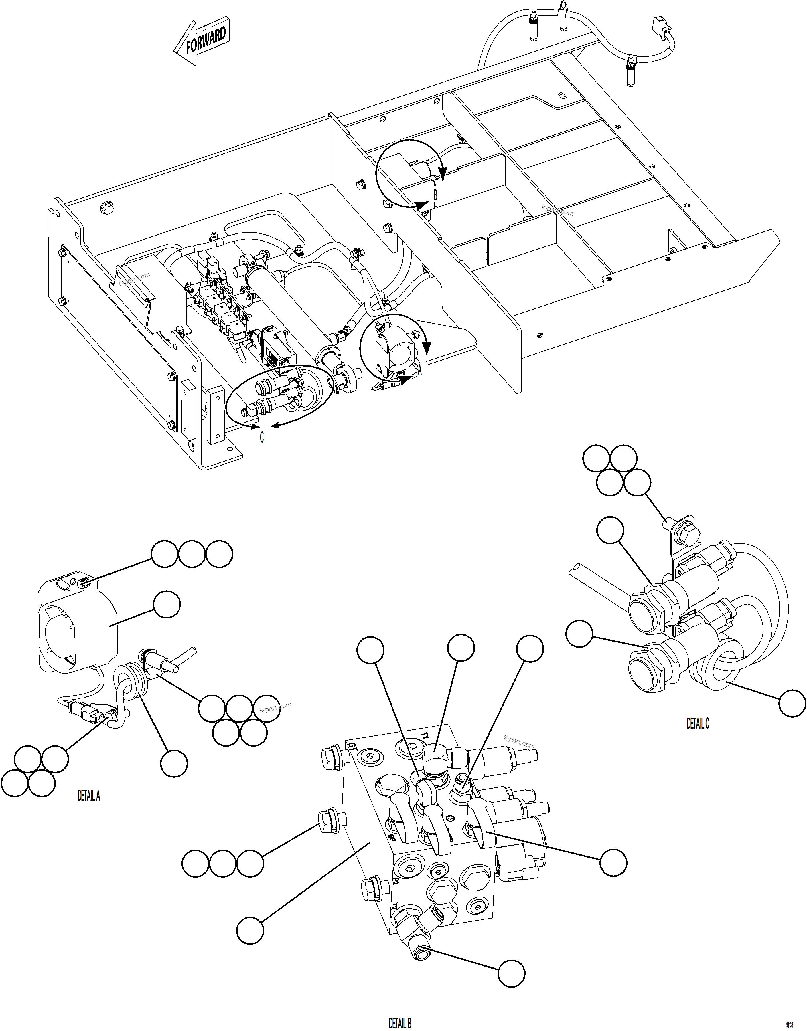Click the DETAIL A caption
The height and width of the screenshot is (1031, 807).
click(x=89, y=796)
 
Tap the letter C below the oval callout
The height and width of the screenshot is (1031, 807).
click(x=262, y=438)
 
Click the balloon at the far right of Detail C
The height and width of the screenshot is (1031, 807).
click(x=792, y=703)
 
